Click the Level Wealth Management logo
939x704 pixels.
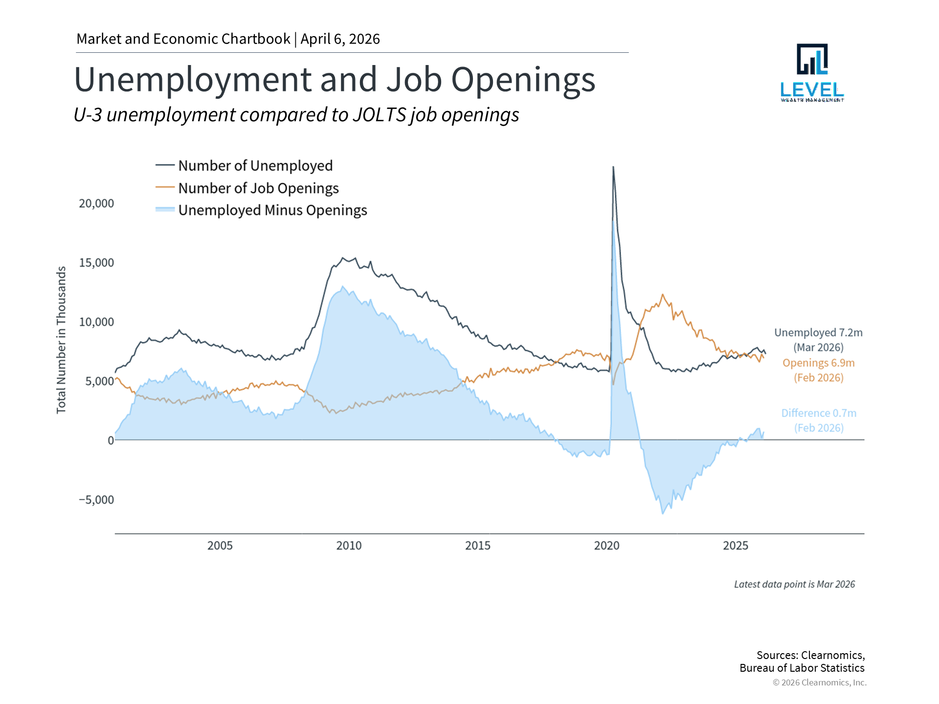click(x=812, y=72)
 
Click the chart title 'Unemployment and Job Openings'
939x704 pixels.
click(x=335, y=80)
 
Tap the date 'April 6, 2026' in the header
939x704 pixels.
click(x=340, y=39)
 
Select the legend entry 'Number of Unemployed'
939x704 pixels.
click(x=255, y=166)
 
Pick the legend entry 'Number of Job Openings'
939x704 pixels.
click(x=258, y=188)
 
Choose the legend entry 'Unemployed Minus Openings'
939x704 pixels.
click(x=272, y=210)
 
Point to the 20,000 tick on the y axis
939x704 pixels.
click(x=96, y=203)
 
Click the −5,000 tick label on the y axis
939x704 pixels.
click(x=96, y=500)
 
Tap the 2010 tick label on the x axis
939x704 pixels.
click(x=349, y=546)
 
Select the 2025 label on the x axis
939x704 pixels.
click(x=736, y=546)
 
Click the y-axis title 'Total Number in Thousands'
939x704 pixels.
click(x=61, y=340)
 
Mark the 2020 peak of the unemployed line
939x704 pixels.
click(x=613, y=168)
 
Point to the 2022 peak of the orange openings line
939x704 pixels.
click(x=663, y=295)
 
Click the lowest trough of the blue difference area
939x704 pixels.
click(x=663, y=513)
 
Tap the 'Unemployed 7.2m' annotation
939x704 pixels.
click(x=818, y=333)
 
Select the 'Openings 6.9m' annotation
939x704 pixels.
click(x=818, y=363)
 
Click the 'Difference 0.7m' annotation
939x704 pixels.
click(x=819, y=413)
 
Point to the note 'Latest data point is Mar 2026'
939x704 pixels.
click(x=794, y=584)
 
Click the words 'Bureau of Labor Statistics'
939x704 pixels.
click(x=802, y=668)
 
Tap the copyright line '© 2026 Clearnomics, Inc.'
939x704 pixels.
click(x=819, y=682)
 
